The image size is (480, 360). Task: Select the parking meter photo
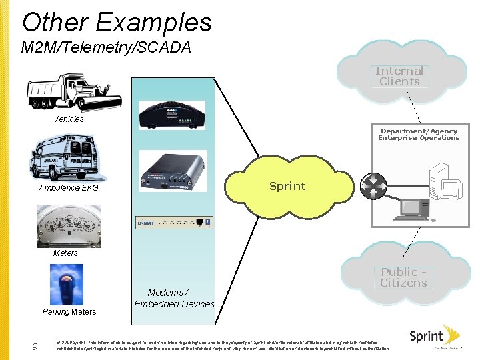point(67,285)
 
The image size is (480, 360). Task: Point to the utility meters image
point(69,225)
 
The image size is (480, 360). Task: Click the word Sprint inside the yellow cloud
point(287,186)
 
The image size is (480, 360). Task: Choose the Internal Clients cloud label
point(399,76)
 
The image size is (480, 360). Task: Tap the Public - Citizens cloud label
point(403,277)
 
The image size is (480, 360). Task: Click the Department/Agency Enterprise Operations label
point(419,135)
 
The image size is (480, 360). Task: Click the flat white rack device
point(174,222)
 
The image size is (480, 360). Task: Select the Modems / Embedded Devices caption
point(174,299)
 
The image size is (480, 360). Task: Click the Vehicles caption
point(69,119)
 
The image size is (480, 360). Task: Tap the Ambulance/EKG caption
point(69,188)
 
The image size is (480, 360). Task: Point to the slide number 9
point(35,346)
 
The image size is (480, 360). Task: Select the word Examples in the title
point(153,23)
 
